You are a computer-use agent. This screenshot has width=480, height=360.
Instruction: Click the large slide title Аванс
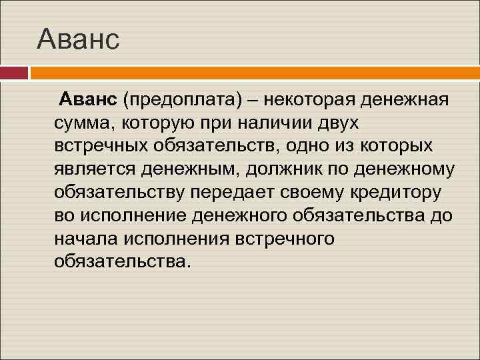(79, 39)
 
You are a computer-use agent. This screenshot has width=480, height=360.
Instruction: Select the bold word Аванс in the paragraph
(88, 100)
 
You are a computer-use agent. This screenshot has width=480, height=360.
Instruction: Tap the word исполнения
(173, 237)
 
